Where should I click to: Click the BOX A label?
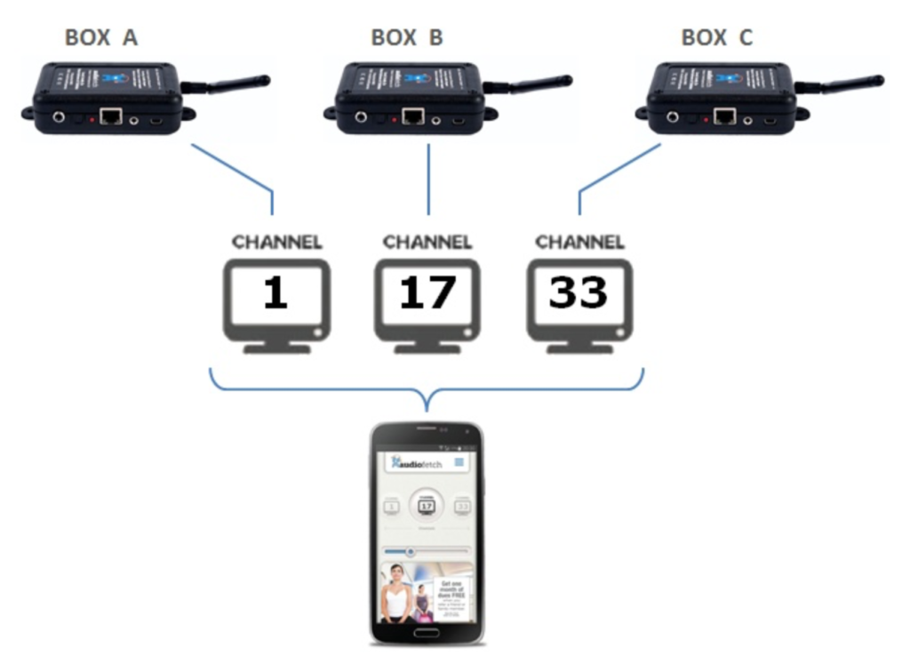101,37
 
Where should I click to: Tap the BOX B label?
407,37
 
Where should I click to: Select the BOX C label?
716,37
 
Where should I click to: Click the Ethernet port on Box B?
412,116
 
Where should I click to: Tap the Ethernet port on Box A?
111,116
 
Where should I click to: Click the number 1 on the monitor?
275,292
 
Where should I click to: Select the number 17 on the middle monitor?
427,292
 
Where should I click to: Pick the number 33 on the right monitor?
579,292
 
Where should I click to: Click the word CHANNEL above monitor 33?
579,242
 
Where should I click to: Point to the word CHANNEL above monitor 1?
276,242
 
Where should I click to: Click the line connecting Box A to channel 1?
233,168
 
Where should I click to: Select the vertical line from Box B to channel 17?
428,178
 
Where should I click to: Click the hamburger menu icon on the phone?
459,462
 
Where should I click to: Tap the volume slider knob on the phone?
410,551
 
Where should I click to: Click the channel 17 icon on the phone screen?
427,506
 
